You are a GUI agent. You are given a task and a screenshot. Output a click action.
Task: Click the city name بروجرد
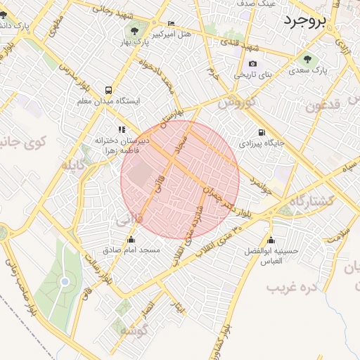pos(307,20)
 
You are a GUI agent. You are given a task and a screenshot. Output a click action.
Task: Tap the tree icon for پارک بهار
pos(134,30)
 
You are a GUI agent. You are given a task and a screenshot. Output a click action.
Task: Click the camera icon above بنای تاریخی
pos(253,63)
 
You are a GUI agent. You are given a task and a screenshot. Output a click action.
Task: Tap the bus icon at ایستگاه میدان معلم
pos(108,90)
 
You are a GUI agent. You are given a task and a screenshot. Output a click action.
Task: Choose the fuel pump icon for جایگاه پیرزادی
pos(262,132)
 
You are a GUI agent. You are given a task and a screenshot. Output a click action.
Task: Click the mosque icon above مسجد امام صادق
pos(131,239)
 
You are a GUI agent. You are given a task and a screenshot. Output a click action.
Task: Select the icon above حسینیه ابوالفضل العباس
pos(271,240)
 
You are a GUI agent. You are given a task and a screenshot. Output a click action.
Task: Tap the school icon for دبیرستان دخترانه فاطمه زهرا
pos(122,129)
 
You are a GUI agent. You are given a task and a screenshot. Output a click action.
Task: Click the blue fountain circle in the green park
pos(65,281)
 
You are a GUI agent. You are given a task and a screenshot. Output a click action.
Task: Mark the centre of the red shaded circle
pos(180,180)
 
